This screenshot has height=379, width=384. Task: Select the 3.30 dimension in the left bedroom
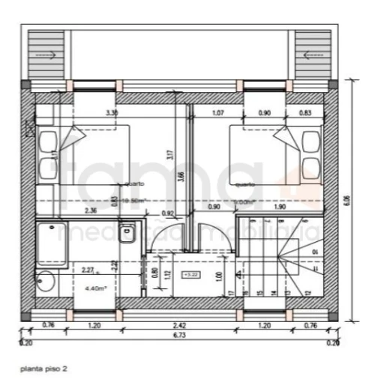coord(112,113)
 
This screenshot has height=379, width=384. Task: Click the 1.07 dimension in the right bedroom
coord(218,113)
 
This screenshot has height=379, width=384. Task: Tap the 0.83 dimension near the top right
coord(305,113)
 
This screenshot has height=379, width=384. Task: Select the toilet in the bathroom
coord(128,232)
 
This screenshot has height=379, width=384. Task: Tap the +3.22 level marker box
coord(189,275)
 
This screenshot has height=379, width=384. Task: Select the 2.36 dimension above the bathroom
coord(91,211)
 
